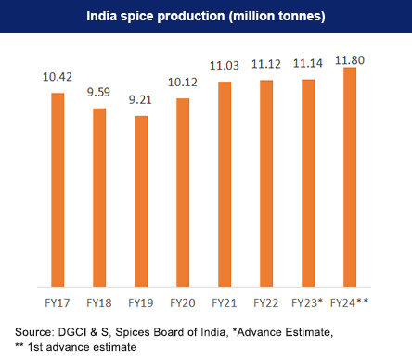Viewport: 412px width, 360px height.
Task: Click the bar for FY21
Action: [225, 183]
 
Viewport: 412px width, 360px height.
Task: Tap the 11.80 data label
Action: [350, 57]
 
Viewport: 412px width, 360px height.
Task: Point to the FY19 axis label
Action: [141, 302]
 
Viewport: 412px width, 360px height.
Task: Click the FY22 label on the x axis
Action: [266, 302]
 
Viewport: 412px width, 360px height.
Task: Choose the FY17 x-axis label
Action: [58, 302]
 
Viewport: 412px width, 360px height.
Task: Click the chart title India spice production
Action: [205, 17]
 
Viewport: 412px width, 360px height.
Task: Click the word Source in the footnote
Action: [34, 331]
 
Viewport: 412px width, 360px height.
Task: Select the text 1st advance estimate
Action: [82, 346]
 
